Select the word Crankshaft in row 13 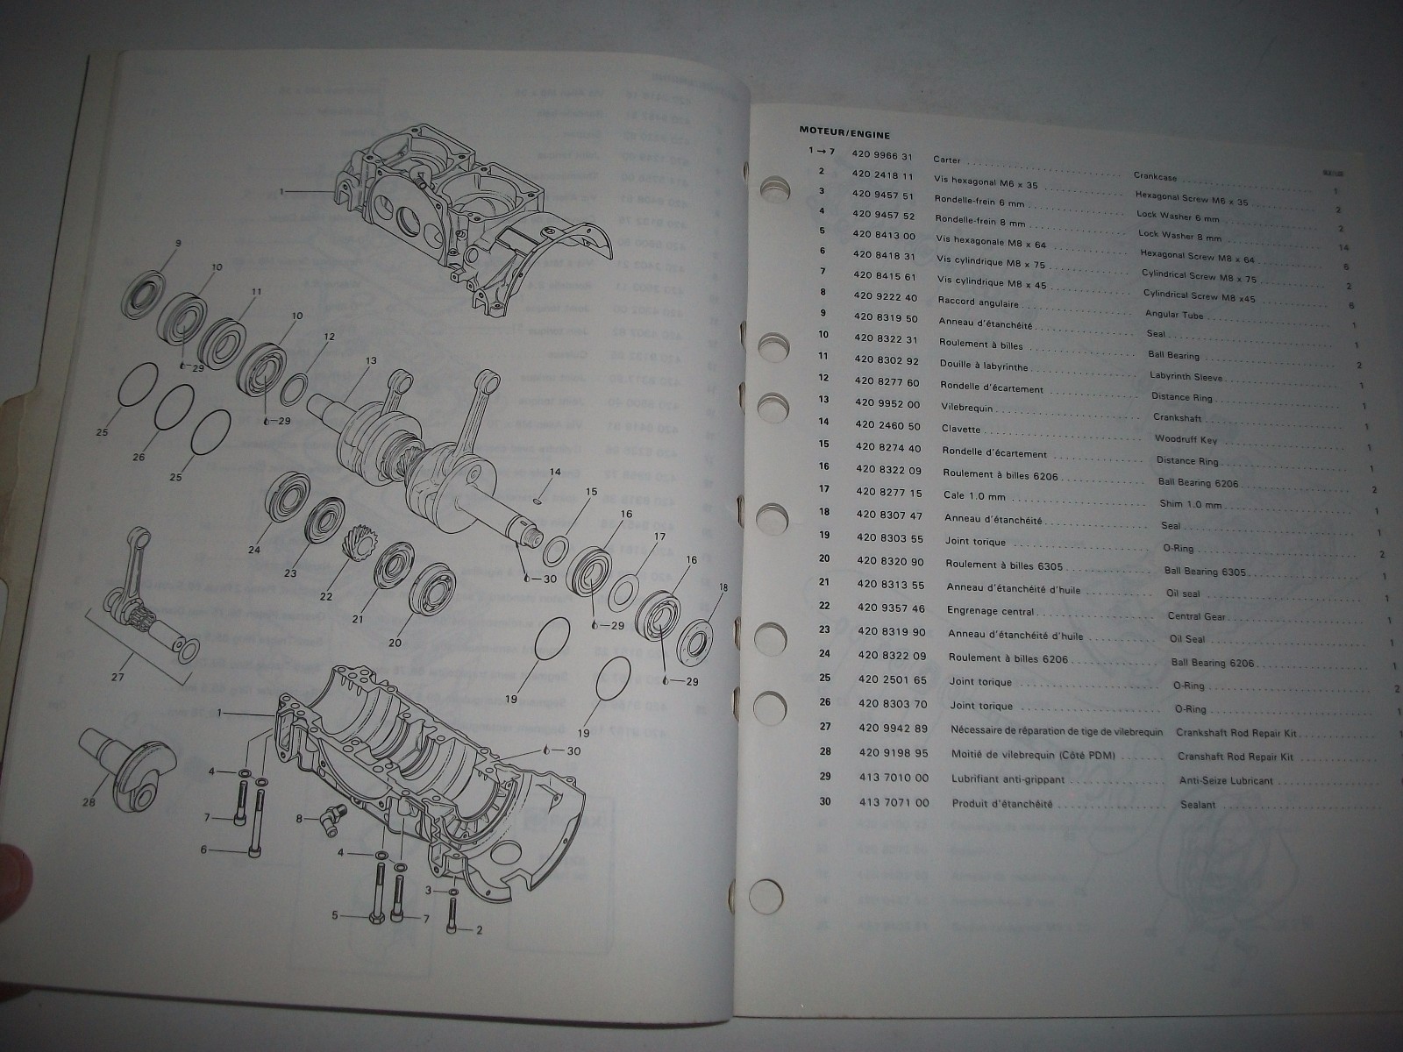1178,418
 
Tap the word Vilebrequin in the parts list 968,408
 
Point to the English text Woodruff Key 1180,438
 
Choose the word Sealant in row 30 1198,805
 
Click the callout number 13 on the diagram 371,360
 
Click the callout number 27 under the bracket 118,677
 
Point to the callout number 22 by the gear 326,596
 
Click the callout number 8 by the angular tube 301,819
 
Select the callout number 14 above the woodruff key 554,473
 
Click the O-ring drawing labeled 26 174,408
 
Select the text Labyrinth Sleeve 1186,377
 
